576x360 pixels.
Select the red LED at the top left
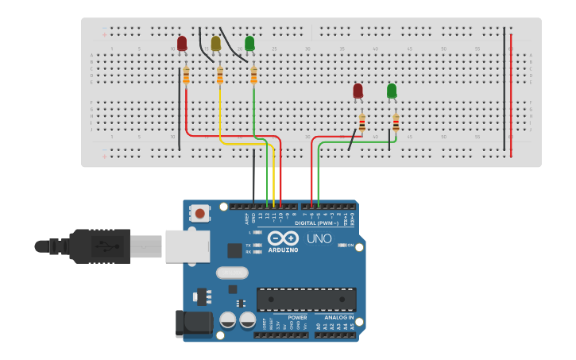click(182, 44)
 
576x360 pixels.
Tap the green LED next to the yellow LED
click(249, 44)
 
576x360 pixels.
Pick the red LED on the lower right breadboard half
click(358, 91)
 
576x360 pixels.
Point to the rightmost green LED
click(392, 91)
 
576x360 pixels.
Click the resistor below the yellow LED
click(220, 75)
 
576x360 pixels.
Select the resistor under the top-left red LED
click(186, 75)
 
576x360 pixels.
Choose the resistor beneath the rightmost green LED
click(396, 123)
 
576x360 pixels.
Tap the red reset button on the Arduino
click(200, 213)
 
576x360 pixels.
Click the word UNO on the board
click(319, 238)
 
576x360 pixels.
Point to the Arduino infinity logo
click(283, 238)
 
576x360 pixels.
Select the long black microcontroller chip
click(306, 300)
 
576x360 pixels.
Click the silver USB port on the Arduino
click(187, 246)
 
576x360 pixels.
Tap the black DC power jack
click(193, 323)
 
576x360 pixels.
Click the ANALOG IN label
click(339, 317)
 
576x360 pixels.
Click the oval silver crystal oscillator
click(232, 273)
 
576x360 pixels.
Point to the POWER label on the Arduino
click(297, 317)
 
